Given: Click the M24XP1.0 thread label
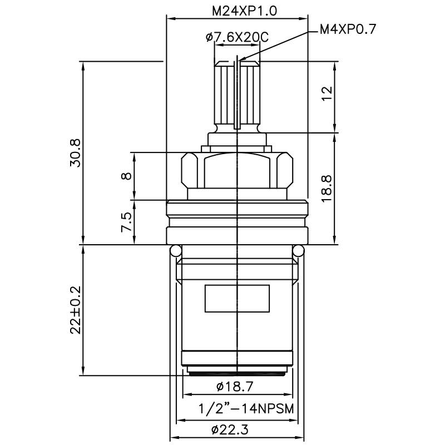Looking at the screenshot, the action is coord(237,11).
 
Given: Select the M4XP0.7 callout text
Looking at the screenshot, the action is coord(348,29).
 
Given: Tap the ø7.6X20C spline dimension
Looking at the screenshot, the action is coord(237,38).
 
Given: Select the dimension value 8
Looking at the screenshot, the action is coord(127,176).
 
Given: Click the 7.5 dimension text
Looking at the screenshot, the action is coord(127,222).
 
